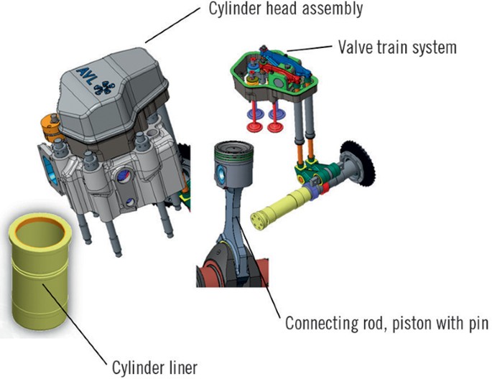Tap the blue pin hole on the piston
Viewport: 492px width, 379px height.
224,176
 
